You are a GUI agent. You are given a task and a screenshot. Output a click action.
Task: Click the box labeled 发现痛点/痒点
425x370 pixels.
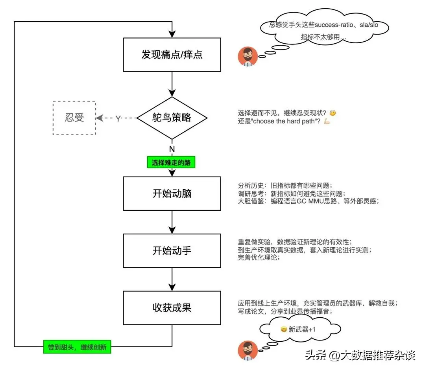tap(172, 54)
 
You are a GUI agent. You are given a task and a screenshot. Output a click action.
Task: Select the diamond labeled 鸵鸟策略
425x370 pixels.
tap(172, 118)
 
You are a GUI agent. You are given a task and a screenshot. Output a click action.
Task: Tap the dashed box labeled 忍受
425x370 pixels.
tap(74, 118)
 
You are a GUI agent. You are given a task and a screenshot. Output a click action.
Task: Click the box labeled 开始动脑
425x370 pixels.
tap(172, 193)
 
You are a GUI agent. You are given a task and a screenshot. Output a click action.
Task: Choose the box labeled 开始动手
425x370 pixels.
tap(172, 250)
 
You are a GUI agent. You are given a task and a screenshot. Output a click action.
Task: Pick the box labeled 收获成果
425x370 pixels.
tap(172, 307)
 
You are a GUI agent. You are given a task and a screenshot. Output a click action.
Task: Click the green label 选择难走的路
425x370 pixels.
tap(171, 162)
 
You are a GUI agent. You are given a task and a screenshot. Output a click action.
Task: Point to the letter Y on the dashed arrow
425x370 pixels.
tap(118, 118)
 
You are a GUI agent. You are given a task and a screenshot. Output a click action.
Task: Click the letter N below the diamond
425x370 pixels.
tap(172, 149)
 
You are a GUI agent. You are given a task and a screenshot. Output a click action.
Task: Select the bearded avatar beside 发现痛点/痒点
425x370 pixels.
tap(248, 57)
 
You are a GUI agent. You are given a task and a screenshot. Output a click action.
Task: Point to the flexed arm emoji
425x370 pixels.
tap(327, 121)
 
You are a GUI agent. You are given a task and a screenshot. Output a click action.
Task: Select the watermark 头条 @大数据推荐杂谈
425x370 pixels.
tap(360, 356)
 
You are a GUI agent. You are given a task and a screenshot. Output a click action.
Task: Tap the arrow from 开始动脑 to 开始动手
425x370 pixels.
tap(172, 222)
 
